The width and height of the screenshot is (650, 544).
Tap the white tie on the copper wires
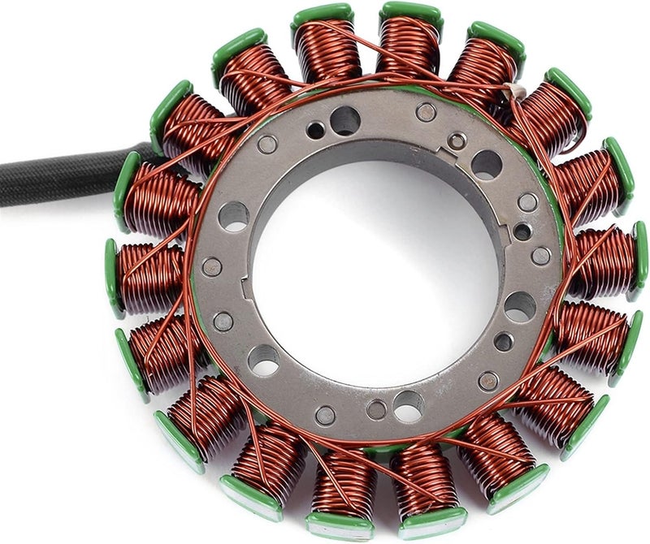512,94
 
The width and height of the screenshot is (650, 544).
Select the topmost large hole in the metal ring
344,121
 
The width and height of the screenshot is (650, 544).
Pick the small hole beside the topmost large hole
315,130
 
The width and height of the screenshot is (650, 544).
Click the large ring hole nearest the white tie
486,165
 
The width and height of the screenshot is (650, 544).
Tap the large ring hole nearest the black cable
233,216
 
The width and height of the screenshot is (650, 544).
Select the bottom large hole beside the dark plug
408,404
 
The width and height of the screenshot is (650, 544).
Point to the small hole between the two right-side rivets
522,231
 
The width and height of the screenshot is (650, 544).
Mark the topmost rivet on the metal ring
426,112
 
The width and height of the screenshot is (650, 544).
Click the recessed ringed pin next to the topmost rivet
457,140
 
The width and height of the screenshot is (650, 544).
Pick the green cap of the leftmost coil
112,276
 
